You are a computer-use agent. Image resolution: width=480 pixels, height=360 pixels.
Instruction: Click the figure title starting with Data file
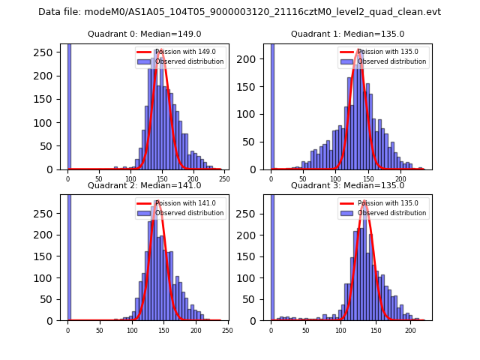click(x=239, y=12)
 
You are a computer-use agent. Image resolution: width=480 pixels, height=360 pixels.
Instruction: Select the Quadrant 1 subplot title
click(x=347, y=34)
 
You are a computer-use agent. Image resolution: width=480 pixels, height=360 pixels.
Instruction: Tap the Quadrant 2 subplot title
click(x=144, y=185)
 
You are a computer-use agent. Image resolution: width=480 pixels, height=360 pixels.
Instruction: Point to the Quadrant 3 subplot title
click(x=347, y=185)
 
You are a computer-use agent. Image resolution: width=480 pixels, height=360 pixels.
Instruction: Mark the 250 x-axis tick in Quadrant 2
click(x=226, y=330)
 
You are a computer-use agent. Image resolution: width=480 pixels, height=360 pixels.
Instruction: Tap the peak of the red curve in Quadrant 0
click(x=160, y=51)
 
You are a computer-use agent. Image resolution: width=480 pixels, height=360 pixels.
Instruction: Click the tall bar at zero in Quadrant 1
click(x=272, y=105)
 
